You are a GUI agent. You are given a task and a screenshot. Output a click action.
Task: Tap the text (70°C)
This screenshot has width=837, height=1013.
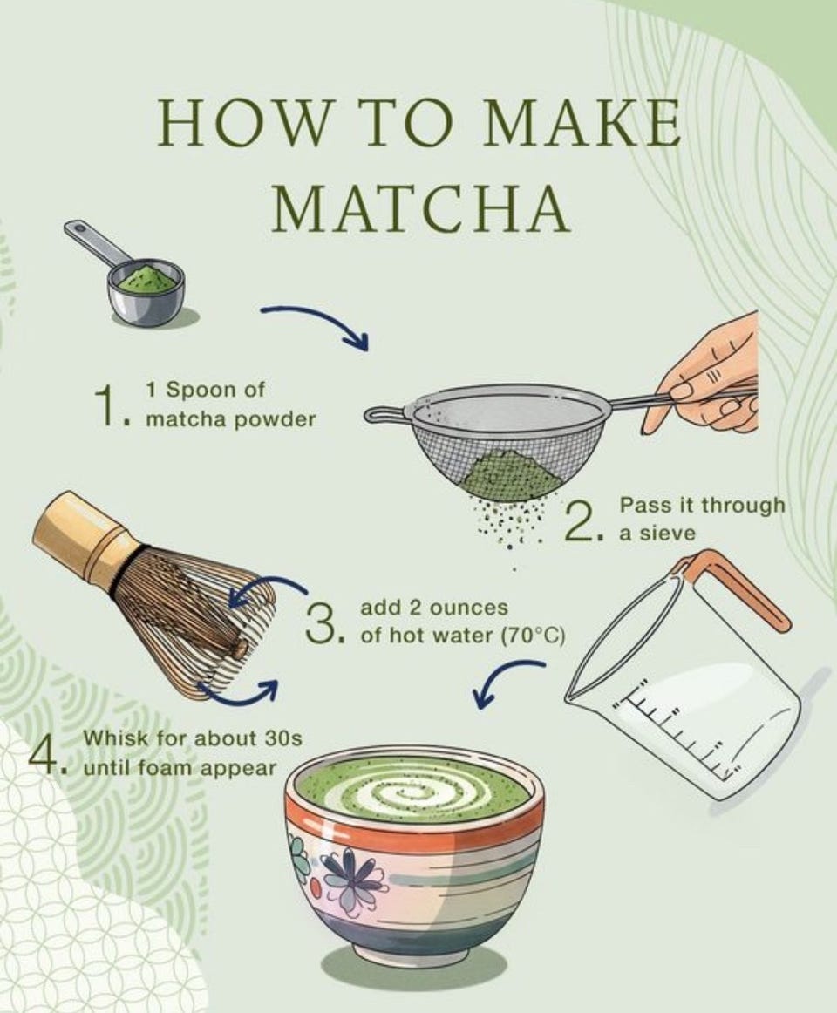(x=534, y=636)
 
